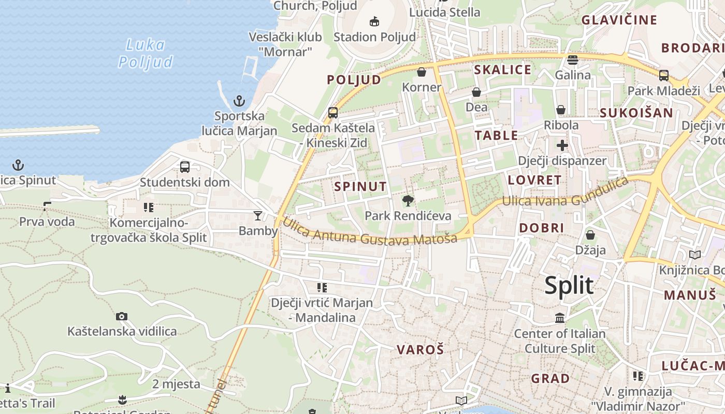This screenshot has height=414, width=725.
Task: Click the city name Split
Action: pyautogui.click(x=569, y=286)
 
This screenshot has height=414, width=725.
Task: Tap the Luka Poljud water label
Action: pyautogui.click(x=145, y=53)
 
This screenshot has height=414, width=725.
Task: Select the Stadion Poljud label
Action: pyautogui.click(x=374, y=37)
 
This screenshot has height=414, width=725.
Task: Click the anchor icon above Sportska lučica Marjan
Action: pyautogui.click(x=239, y=100)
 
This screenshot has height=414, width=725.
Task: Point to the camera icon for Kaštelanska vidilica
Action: pyautogui.click(x=122, y=316)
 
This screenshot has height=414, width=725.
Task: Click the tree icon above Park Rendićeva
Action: pyautogui.click(x=408, y=201)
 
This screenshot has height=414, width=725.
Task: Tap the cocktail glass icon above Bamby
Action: pyautogui.click(x=258, y=215)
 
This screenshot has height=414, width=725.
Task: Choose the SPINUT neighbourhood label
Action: pyautogui.click(x=360, y=186)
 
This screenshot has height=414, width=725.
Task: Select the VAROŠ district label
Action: pyautogui.click(x=420, y=349)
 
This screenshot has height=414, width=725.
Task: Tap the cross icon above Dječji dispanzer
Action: pyautogui.click(x=562, y=145)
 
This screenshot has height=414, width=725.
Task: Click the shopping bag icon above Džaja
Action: pyautogui.click(x=590, y=235)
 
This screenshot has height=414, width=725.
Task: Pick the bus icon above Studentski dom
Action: pyautogui.click(x=185, y=167)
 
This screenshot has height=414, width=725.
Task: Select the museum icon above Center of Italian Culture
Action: pyautogui.click(x=559, y=318)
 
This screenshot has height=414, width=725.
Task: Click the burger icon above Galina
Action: pyautogui.click(x=572, y=60)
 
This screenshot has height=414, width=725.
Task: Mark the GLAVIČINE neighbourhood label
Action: pyautogui.click(x=619, y=20)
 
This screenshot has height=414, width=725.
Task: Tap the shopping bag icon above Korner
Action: pyautogui.click(x=422, y=72)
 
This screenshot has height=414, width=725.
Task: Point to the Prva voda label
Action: pyautogui.click(x=47, y=222)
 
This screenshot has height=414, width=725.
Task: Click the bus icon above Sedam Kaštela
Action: pyautogui.click(x=333, y=112)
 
